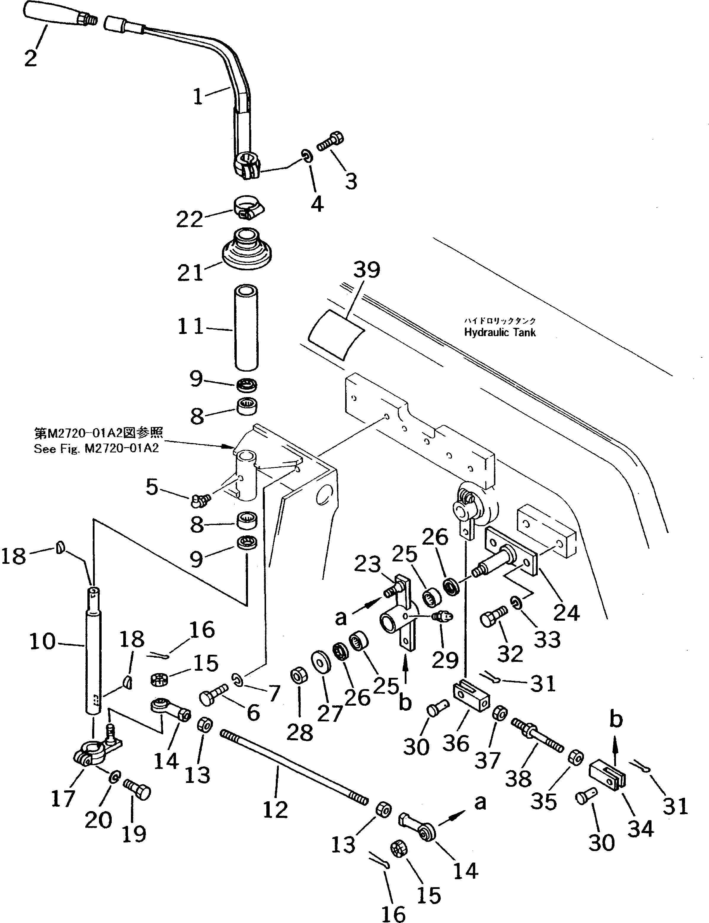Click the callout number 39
[x=366, y=270]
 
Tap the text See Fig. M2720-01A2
[x=96, y=448]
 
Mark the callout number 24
[x=566, y=612]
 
